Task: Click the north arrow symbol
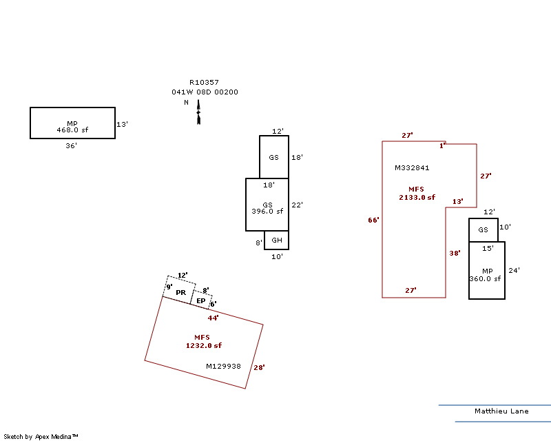click(x=198, y=112)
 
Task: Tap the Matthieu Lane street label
click(x=501, y=411)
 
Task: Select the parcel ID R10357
click(x=204, y=82)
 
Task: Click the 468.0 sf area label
click(x=72, y=130)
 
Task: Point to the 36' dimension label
click(x=72, y=145)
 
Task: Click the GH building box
click(x=277, y=240)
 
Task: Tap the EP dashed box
click(x=201, y=300)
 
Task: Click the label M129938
click(x=224, y=367)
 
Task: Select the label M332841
click(x=412, y=167)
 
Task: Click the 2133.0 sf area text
click(x=417, y=197)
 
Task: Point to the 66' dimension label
click(x=373, y=220)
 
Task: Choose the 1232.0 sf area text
click(x=204, y=345)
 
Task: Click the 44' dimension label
click(x=214, y=318)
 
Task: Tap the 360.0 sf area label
click(x=487, y=279)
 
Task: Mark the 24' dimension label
click(x=514, y=270)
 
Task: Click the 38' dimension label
click(x=455, y=253)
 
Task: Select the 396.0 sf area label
click(x=267, y=211)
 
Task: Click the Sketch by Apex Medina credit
click(x=41, y=436)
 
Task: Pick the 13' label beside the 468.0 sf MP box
click(x=123, y=125)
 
